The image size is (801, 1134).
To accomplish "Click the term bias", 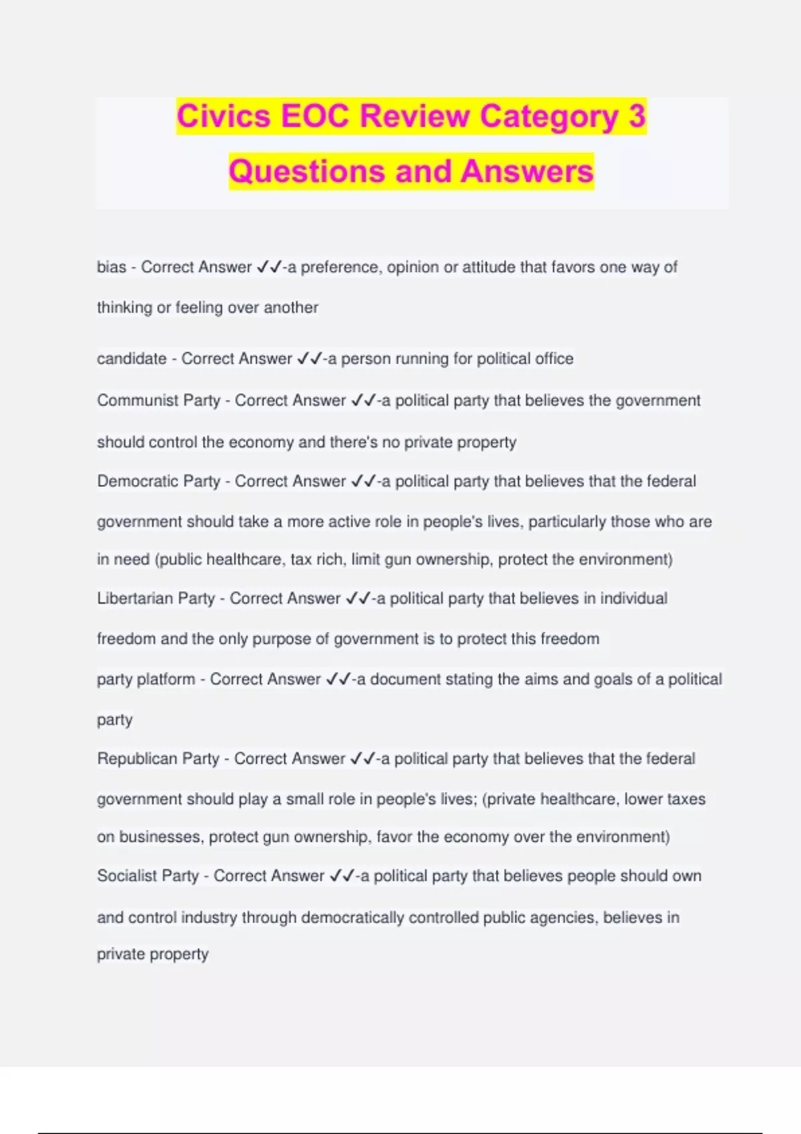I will [111, 267].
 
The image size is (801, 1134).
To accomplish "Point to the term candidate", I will [131, 359].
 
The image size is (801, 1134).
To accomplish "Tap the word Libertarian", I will [135, 598].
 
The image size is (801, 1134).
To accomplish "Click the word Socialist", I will [127, 876].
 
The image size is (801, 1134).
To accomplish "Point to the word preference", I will [339, 267].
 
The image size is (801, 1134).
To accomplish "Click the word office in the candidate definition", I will [553, 359].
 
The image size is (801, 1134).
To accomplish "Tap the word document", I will [403, 680].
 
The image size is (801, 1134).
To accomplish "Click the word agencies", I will [562, 918].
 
